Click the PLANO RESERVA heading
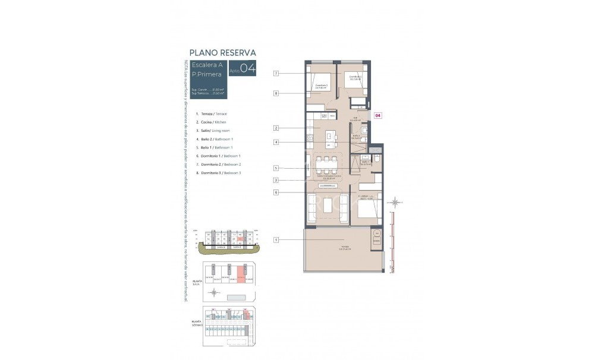pyautogui.click(x=222, y=52)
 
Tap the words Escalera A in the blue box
pyautogui.click(x=205, y=65)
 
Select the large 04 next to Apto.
pyautogui.click(x=248, y=69)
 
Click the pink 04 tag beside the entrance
pyautogui.click(x=377, y=116)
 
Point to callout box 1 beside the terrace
pyautogui.click(x=276, y=239)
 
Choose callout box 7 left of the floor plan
pyautogui.click(x=276, y=73)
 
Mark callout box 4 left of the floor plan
pyautogui.click(x=276, y=142)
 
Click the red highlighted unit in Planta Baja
pyautogui.click(x=241, y=274)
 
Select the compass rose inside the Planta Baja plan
pyautogui.click(x=213, y=292)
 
